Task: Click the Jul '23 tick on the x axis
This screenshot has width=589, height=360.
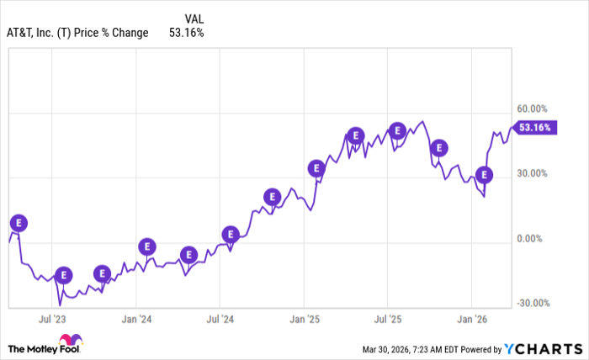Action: (52, 320)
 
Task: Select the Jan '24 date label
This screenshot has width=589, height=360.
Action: (135, 320)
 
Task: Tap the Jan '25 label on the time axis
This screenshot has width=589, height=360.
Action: (304, 320)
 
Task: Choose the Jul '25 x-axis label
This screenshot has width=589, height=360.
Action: (387, 320)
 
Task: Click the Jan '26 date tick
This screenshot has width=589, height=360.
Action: (471, 320)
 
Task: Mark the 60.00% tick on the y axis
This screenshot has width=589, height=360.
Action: (533, 109)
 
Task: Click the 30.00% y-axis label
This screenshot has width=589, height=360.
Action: (533, 173)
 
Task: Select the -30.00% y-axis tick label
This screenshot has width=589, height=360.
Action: (533, 304)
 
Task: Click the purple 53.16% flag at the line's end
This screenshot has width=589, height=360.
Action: (536, 128)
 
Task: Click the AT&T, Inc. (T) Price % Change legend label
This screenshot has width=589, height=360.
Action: (78, 33)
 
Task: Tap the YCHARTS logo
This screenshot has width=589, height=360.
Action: (542, 348)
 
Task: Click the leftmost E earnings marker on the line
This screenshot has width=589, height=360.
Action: (19, 223)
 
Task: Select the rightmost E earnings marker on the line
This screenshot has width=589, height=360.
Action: (483, 175)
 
